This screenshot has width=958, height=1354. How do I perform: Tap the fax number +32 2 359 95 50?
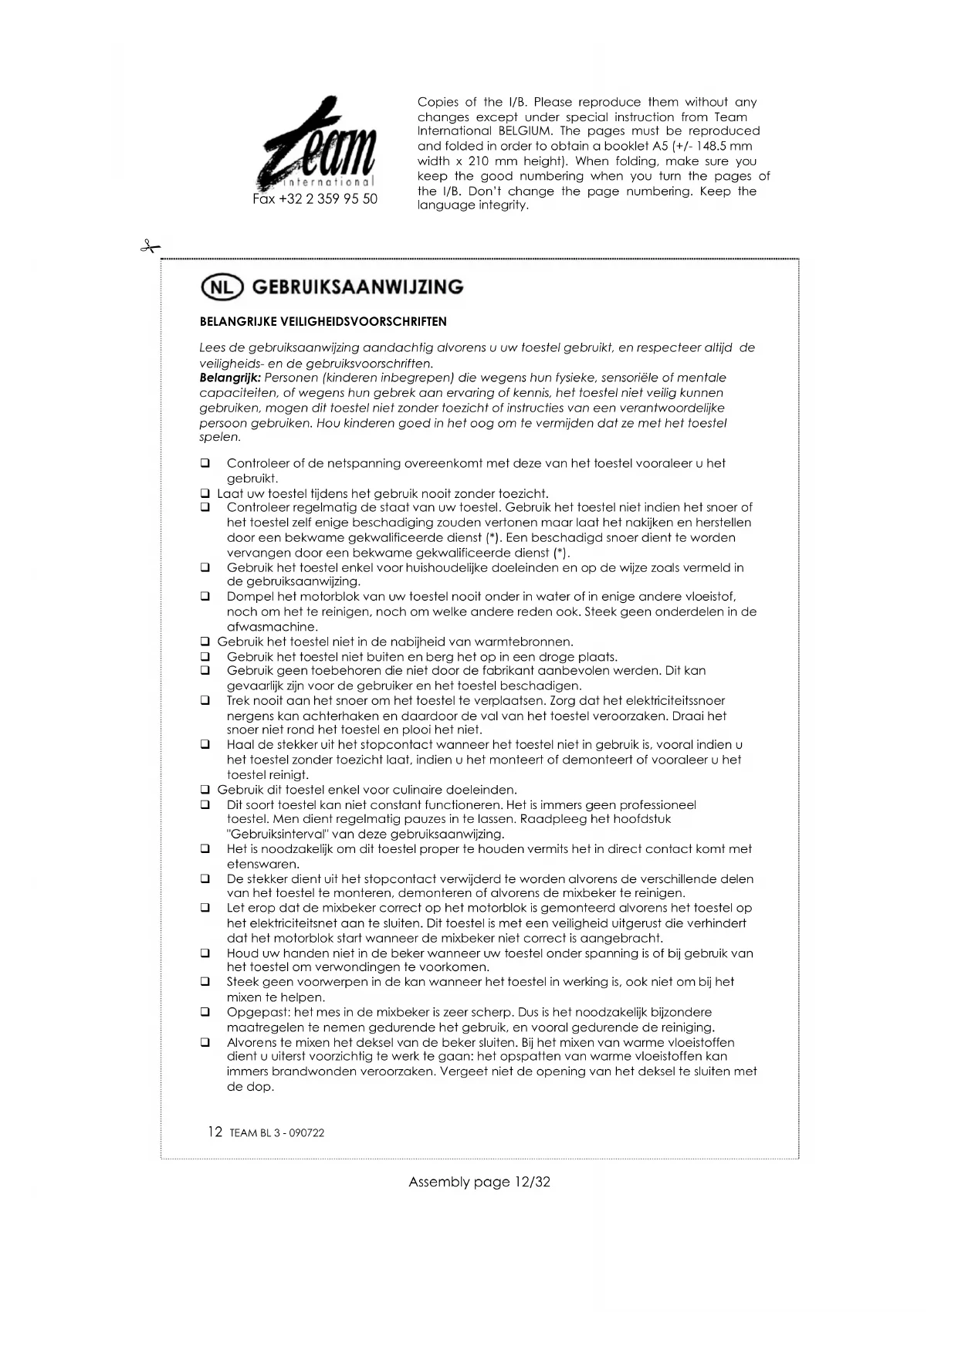(315, 199)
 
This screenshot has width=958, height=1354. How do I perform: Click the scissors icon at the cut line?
(149, 247)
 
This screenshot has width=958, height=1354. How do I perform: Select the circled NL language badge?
(222, 287)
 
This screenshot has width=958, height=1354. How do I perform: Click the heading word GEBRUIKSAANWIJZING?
(357, 287)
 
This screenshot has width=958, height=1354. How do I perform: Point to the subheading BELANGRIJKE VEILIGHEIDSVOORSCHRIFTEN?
(323, 321)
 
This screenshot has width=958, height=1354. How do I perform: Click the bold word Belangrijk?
(230, 377)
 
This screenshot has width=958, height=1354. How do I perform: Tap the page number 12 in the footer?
(215, 1132)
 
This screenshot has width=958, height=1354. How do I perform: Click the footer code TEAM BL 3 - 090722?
(277, 1133)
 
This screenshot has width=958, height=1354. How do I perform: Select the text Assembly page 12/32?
(479, 1182)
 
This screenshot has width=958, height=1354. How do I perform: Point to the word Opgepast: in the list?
(259, 1012)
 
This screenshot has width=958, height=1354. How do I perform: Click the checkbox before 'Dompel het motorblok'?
(205, 597)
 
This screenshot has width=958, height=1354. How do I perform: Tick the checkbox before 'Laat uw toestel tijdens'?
(205, 493)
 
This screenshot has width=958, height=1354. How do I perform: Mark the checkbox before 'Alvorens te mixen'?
(205, 1042)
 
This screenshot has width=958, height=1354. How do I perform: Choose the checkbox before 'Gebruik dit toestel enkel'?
(205, 790)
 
